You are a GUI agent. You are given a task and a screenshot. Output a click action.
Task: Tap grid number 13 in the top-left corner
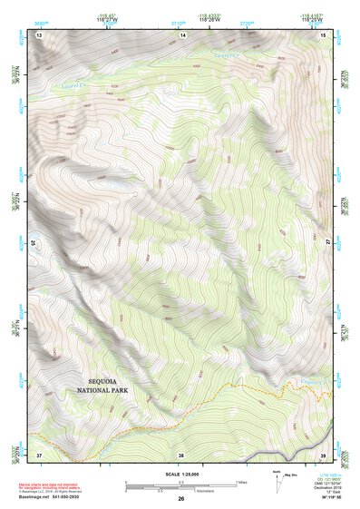39,34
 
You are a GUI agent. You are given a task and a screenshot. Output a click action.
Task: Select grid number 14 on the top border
182,34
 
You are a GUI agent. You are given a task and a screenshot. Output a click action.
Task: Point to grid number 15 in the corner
323,34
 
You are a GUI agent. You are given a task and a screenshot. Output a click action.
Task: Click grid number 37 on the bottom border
39,455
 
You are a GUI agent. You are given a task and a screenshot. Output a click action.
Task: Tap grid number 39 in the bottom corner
323,455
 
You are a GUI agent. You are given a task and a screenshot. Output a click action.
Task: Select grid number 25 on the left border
33,243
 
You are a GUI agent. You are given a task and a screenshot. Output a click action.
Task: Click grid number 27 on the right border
329,243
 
